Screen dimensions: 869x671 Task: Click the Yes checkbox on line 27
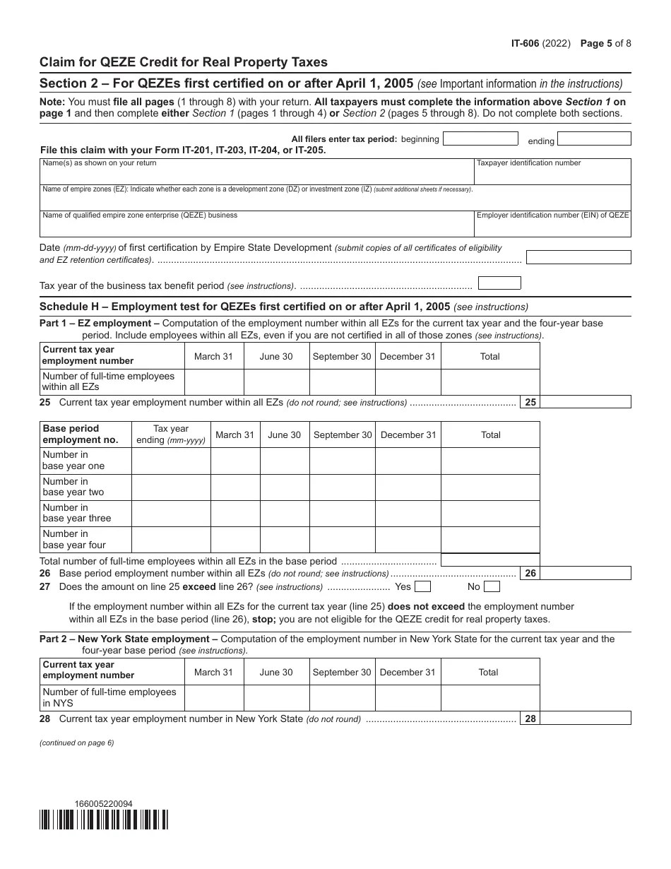tap(422, 586)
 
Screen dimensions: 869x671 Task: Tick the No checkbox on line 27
tap(492, 586)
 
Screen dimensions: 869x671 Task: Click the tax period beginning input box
tap(480, 138)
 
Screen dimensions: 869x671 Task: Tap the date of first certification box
tap(578, 257)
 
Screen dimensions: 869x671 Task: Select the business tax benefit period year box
tap(499, 283)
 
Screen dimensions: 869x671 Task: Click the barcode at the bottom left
tap(104, 819)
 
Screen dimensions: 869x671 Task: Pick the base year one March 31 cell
tap(235, 461)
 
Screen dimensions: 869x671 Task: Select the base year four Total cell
tap(490, 540)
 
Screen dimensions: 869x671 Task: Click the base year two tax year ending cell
tap(171, 487)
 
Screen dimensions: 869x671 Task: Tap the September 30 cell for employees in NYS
tap(342, 698)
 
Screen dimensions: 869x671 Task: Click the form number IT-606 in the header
tap(525, 43)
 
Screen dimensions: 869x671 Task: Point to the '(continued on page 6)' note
tap(76, 743)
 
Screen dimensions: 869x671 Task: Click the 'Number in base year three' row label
tap(77, 513)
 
